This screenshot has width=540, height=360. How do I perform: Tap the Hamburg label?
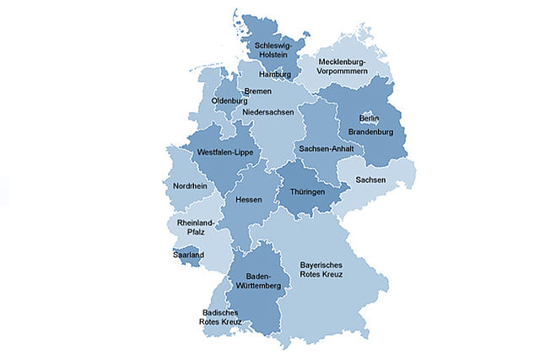click(274, 75)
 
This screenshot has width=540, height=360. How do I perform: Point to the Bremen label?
click(257, 91)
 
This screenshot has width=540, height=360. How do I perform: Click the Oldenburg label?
click(228, 101)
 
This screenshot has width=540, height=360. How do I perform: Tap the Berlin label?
click(370, 118)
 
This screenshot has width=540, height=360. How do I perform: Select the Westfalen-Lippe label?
click(224, 153)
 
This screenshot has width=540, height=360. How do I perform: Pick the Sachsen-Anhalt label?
click(326, 148)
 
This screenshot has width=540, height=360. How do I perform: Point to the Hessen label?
click(248, 200)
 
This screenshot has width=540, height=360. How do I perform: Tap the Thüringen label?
click(308, 192)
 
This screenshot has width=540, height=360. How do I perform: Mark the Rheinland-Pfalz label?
click(196, 228)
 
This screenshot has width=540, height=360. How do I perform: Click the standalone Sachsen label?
click(371, 180)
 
